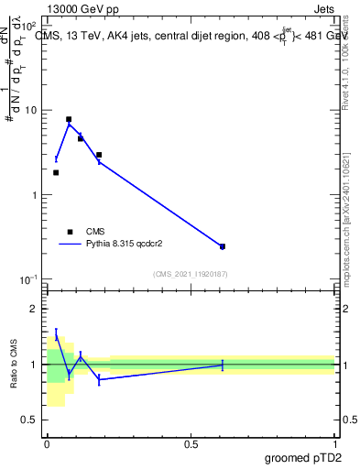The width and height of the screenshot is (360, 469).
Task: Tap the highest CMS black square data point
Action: [x=69, y=119]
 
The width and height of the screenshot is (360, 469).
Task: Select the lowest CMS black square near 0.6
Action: [x=223, y=246]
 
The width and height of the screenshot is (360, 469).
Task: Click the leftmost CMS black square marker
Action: [x=56, y=172]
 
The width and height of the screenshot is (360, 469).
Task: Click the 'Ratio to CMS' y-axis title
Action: [x=14, y=364]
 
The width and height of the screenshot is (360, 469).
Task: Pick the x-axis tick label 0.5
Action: [x=191, y=443]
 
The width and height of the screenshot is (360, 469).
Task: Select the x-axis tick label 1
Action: [x=334, y=443]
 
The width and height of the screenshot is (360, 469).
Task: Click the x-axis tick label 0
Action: [x=47, y=443]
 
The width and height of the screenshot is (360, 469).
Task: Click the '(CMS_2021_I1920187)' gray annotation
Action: [x=190, y=273]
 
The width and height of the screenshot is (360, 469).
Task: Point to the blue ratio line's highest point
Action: [x=56, y=335]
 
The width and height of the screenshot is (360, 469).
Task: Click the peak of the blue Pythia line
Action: [x=69, y=124]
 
